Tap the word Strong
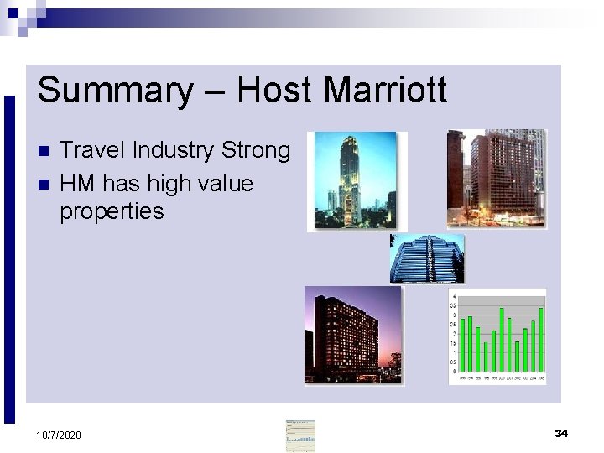pos(256,151)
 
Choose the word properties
pos(112,211)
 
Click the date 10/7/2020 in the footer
pos(59,435)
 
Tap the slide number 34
pos(561,433)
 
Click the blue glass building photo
pos(427,259)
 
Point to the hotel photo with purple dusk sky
pos(352,334)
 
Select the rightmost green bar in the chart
pos(541,340)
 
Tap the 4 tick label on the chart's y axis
pos(454,297)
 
